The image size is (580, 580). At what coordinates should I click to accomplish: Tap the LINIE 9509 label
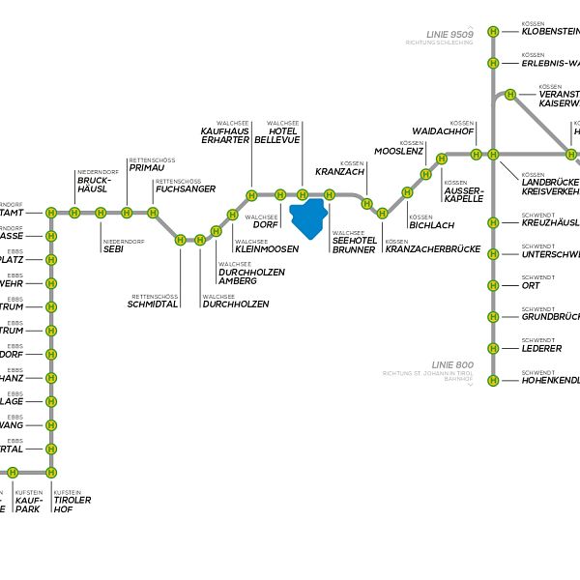click(x=449, y=34)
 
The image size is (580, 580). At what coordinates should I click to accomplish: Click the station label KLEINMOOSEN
click(x=267, y=248)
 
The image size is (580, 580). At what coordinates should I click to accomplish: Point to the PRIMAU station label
click(x=147, y=167)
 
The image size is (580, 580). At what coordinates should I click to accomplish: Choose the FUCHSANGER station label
click(x=185, y=188)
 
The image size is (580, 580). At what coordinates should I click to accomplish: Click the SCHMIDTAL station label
click(x=153, y=304)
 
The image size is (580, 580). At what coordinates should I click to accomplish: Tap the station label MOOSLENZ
click(x=398, y=152)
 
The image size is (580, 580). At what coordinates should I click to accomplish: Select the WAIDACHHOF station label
click(x=443, y=130)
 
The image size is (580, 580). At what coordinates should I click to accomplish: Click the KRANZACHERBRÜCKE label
click(x=432, y=249)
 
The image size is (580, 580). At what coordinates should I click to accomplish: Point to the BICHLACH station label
click(x=431, y=225)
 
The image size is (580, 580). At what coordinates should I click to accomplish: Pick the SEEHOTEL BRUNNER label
click(x=354, y=246)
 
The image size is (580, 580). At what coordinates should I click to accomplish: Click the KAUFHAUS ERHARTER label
click(x=225, y=135)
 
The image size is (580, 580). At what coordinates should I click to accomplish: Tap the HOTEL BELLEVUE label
click(x=277, y=135)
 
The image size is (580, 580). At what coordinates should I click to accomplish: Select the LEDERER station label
click(x=541, y=348)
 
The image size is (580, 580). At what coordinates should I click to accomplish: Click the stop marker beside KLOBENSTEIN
click(x=493, y=32)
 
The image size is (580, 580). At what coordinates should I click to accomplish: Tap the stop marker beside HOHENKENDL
click(x=493, y=380)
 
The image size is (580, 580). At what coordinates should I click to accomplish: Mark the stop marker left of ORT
click(x=493, y=285)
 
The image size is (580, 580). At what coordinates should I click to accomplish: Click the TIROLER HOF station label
click(x=72, y=504)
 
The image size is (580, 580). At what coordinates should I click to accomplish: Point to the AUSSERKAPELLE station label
click(x=463, y=193)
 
